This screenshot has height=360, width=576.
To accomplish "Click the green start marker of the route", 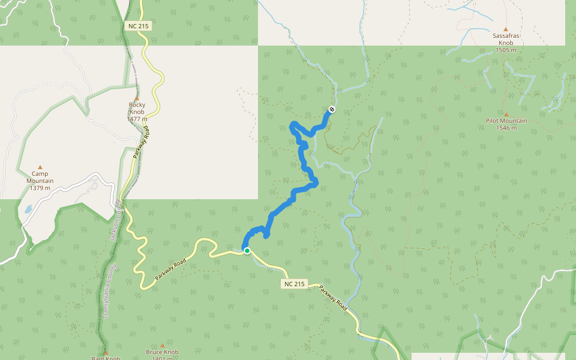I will point(247,251).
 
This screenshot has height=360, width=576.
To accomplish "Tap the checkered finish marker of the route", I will point(332,109).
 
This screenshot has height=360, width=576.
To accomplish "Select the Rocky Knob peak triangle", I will point(136,98).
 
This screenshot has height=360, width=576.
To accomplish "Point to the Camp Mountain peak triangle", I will point(40,167).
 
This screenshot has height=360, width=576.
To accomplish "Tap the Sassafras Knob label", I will point(506,40).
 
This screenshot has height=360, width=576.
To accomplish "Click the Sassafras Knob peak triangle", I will point(506,29).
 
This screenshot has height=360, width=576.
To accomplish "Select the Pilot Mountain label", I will point(506,121).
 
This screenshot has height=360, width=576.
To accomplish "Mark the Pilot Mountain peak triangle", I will point(506,114).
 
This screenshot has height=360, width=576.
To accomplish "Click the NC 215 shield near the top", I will point(138,26).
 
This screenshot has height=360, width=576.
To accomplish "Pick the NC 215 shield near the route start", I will point(294,284).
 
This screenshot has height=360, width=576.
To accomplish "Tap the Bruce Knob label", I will point(162,352).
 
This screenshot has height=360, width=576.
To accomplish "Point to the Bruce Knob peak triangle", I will point(162,346).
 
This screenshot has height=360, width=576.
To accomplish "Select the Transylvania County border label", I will point(108,292).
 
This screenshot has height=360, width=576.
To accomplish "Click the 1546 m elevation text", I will point(506,128).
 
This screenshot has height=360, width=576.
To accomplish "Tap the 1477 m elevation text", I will point(137,119).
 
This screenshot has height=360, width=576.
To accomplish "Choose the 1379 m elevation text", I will point(40,188).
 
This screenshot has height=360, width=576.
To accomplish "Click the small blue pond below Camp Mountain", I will point(28,210).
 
